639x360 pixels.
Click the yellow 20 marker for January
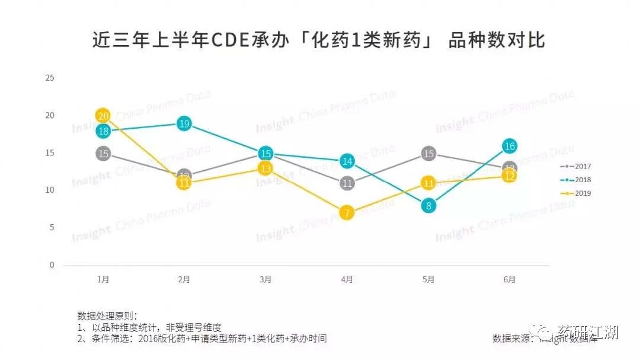pos(103,116)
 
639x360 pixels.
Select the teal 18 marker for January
pos(103,131)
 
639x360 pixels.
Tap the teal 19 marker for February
pos(184,123)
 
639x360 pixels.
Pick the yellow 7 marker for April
pos(347,212)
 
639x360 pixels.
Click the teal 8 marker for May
pos(429,206)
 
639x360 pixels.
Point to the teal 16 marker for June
pos(510,146)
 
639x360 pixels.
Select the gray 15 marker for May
pos(429,154)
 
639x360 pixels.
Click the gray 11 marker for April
pos(347,183)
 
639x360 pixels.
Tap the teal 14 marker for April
pos(347,161)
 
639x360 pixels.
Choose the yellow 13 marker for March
pos(266,168)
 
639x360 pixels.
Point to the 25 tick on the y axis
pos(50,78)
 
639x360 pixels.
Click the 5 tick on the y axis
pos(52,228)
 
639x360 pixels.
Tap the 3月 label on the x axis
pos(266,279)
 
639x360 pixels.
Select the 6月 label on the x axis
pos(510,279)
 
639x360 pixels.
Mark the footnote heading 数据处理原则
pos(107,316)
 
